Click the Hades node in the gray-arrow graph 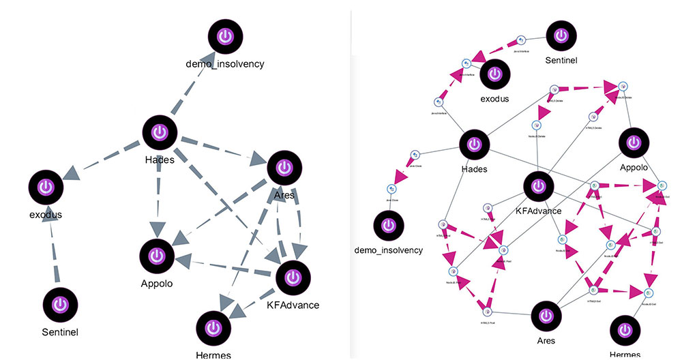160,133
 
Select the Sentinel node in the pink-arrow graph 561,36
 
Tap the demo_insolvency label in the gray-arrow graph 224,64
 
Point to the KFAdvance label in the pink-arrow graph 538,211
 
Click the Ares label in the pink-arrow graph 546,340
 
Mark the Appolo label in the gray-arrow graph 157,283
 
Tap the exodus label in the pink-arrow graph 495,98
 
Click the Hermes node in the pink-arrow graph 625,331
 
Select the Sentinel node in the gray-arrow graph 59,304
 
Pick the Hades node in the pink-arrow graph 473,144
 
